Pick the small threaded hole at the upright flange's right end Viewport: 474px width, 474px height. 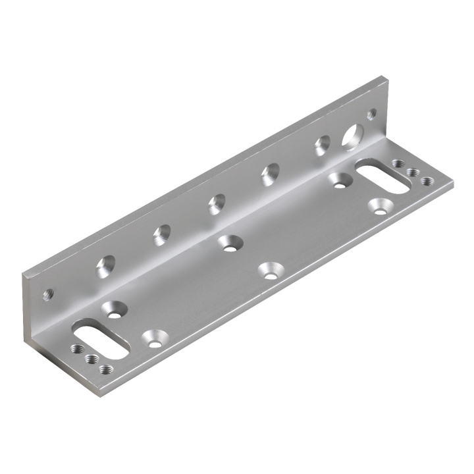(x=372, y=113)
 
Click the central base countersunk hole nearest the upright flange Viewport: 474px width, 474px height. (x=229, y=243)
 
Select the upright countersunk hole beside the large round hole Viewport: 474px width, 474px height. (x=323, y=144)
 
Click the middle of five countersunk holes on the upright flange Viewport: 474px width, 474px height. (x=215, y=204)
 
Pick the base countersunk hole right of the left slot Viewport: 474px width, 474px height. (x=153, y=338)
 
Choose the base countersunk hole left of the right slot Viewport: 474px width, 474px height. (x=340, y=180)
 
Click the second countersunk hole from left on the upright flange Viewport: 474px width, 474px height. (x=161, y=234)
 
